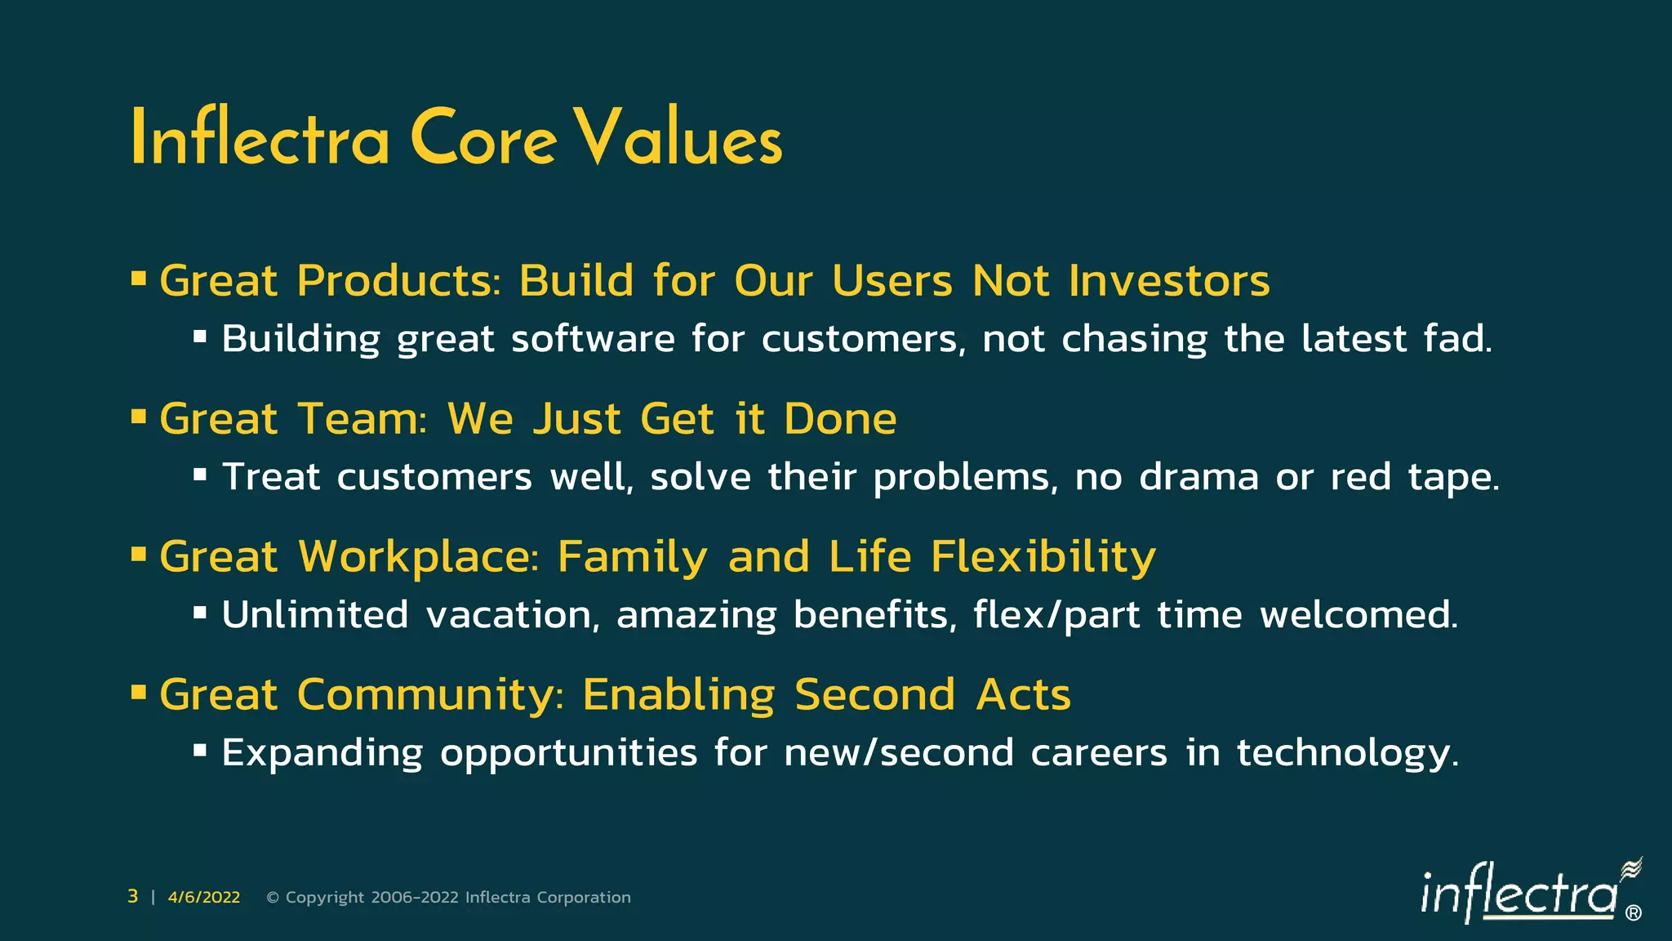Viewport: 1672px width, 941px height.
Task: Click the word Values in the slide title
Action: (x=678, y=139)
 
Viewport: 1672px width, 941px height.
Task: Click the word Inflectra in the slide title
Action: (x=260, y=139)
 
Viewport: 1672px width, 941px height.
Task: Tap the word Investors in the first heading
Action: (x=1169, y=281)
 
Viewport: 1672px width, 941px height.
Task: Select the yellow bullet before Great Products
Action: (x=139, y=279)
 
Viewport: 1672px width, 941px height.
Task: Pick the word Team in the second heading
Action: (x=362, y=419)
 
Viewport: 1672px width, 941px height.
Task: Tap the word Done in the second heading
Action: (x=840, y=419)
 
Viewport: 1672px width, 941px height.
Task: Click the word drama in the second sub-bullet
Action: (x=1198, y=477)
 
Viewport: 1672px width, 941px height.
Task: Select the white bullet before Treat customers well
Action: (x=200, y=473)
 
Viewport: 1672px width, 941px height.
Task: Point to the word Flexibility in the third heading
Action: (x=1043, y=557)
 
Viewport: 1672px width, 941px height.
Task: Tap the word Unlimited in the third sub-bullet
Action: (x=314, y=615)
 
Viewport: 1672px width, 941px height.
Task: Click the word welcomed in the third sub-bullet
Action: (x=1358, y=615)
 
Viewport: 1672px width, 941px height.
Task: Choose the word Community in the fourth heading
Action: (x=430, y=695)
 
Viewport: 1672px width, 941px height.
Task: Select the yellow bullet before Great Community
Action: (x=139, y=693)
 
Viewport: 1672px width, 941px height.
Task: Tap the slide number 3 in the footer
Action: (x=132, y=897)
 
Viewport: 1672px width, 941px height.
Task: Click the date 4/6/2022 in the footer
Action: (x=204, y=898)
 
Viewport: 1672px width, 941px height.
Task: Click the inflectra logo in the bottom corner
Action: (x=1527, y=894)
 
